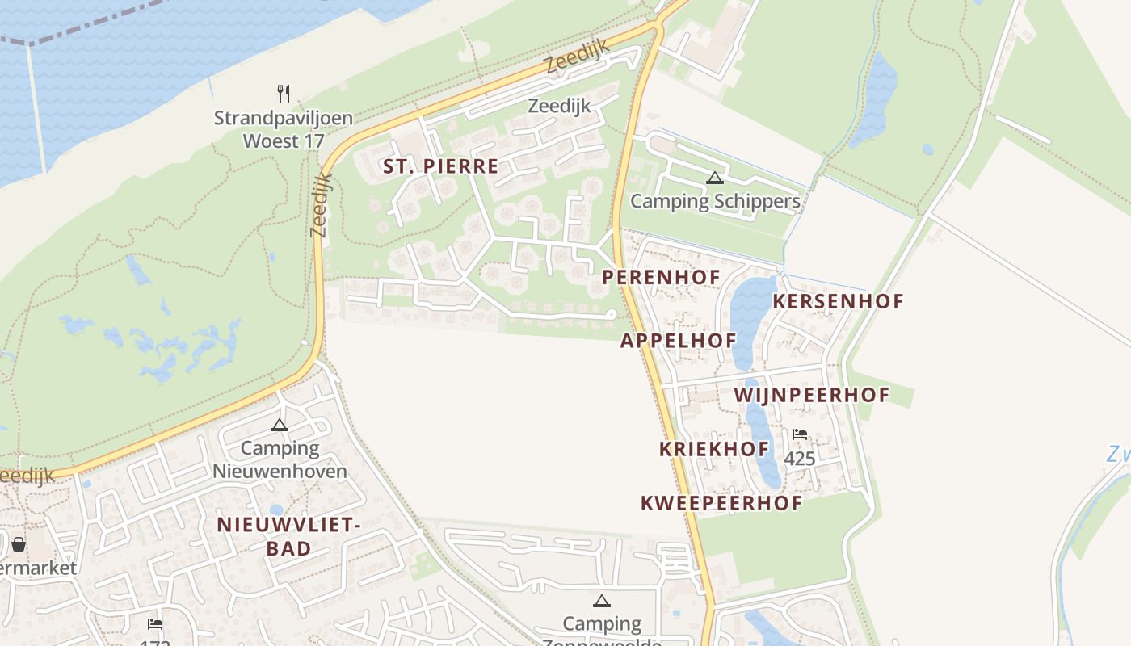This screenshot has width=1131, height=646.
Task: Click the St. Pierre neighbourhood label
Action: pyautogui.click(x=440, y=167)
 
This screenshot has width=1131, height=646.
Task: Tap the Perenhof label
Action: pyautogui.click(x=661, y=278)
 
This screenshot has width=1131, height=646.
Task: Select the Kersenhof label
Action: pyautogui.click(x=838, y=301)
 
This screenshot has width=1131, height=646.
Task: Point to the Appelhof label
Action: pyautogui.click(x=679, y=341)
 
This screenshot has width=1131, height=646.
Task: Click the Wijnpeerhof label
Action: pyautogui.click(x=811, y=395)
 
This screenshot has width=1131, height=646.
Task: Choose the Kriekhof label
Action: pyautogui.click(x=714, y=449)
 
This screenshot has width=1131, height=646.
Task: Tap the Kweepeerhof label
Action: pyautogui.click(x=721, y=503)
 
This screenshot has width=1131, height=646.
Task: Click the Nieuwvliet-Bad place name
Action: pyautogui.click(x=288, y=536)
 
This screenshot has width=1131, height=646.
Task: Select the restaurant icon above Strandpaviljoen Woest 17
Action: pyautogui.click(x=283, y=94)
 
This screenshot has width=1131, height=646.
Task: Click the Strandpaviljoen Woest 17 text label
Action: pyautogui.click(x=284, y=129)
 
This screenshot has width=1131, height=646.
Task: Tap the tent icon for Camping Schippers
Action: pyautogui.click(x=714, y=178)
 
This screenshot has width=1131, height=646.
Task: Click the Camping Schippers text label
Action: pyautogui.click(x=715, y=201)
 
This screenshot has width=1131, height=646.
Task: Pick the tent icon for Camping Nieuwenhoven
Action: pyautogui.click(x=280, y=425)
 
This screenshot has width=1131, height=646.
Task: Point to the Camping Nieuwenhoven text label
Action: pyautogui.click(x=280, y=459)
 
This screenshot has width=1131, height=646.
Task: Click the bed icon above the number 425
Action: pyautogui.click(x=800, y=434)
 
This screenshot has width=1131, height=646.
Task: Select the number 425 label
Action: pyautogui.click(x=800, y=459)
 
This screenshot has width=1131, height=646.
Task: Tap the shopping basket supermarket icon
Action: pyautogui.click(x=19, y=544)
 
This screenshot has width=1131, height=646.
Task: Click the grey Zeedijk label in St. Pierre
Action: pyautogui.click(x=559, y=106)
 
